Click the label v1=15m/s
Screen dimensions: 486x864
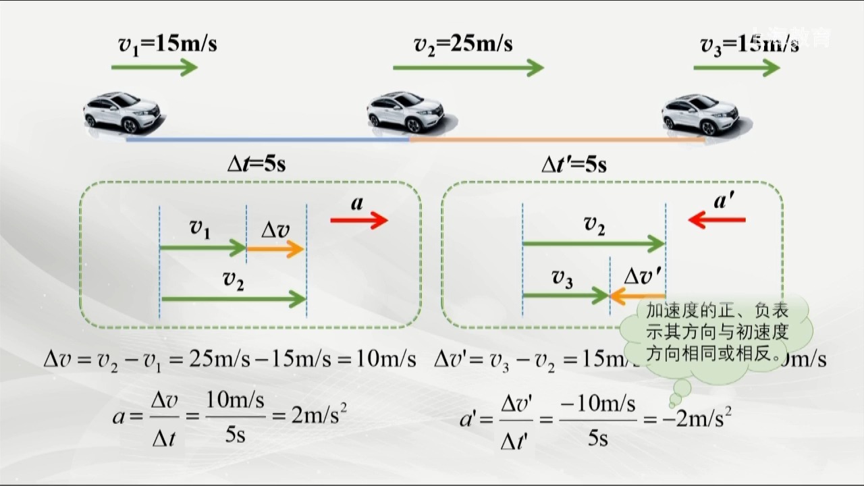[167, 45]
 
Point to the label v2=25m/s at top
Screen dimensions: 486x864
[463, 44]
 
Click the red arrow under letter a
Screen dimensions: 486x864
[359, 220]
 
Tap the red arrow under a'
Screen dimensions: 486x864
[717, 219]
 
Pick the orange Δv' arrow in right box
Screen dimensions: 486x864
[637, 295]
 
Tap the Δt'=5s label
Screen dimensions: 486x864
[574, 164]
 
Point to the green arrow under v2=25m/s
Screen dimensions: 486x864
[468, 67]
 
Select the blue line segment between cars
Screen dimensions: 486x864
[267, 140]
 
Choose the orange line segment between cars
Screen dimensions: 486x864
[557, 140]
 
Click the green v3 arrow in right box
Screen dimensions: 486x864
[566, 295]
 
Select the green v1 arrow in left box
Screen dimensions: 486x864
[202, 249]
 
